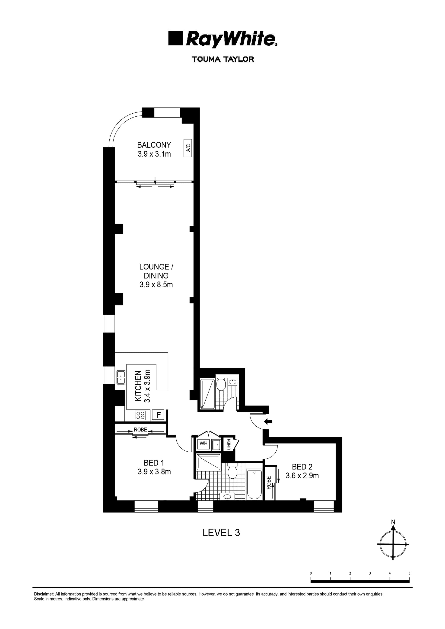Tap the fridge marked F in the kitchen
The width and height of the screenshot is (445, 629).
coord(158,415)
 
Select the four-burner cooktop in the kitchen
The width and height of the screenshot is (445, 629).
coord(140,415)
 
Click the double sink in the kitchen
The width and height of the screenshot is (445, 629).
coord(121,377)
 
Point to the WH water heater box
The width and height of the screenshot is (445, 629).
coord(203,444)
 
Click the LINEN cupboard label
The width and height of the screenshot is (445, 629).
coord(229,444)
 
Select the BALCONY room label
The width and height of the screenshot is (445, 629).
coord(154,145)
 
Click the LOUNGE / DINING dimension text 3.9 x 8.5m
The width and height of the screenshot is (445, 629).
coord(156,285)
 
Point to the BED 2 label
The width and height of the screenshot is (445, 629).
coord(302,467)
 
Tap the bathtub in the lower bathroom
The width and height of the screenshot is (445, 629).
coord(254,484)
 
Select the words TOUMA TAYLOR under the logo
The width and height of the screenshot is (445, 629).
coord(223,59)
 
